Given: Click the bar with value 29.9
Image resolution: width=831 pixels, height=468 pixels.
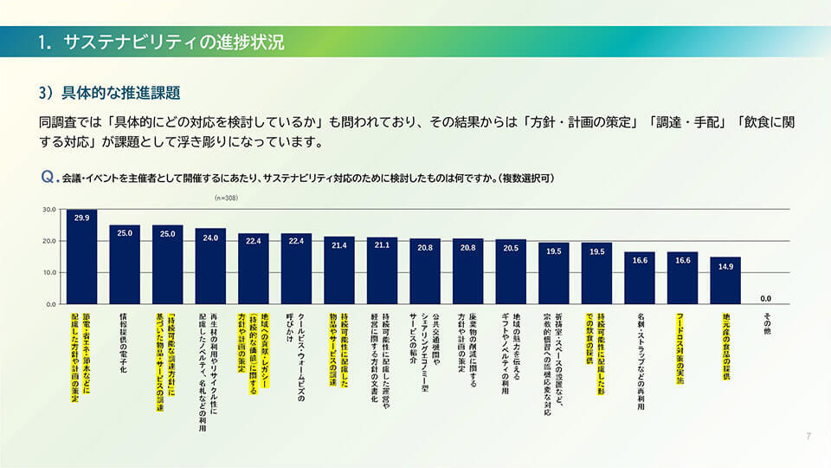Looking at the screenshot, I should [x=81, y=257].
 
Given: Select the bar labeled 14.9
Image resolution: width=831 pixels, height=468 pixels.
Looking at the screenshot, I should [x=726, y=281].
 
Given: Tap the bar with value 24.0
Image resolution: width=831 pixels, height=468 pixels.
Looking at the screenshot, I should [x=210, y=267].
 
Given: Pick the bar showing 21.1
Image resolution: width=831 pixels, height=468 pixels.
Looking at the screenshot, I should [x=382, y=271].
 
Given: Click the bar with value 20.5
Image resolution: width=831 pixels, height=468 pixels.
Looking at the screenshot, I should [x=511, y=272].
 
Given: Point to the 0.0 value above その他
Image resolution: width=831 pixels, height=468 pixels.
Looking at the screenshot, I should [x=765, y=298].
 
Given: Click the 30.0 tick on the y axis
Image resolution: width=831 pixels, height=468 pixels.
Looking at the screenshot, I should [x=48, y=210].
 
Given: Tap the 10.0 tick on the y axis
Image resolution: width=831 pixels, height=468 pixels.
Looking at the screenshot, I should [x=48, y=273].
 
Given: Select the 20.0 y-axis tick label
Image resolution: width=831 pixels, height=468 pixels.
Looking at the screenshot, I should [x=48, y=241].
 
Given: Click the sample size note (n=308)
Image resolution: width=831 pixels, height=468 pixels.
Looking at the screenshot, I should [x=226, y=198].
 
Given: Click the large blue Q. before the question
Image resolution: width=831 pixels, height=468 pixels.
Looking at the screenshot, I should [x=50, y=177].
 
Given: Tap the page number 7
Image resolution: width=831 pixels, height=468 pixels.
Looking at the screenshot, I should [x=808, y=436].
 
